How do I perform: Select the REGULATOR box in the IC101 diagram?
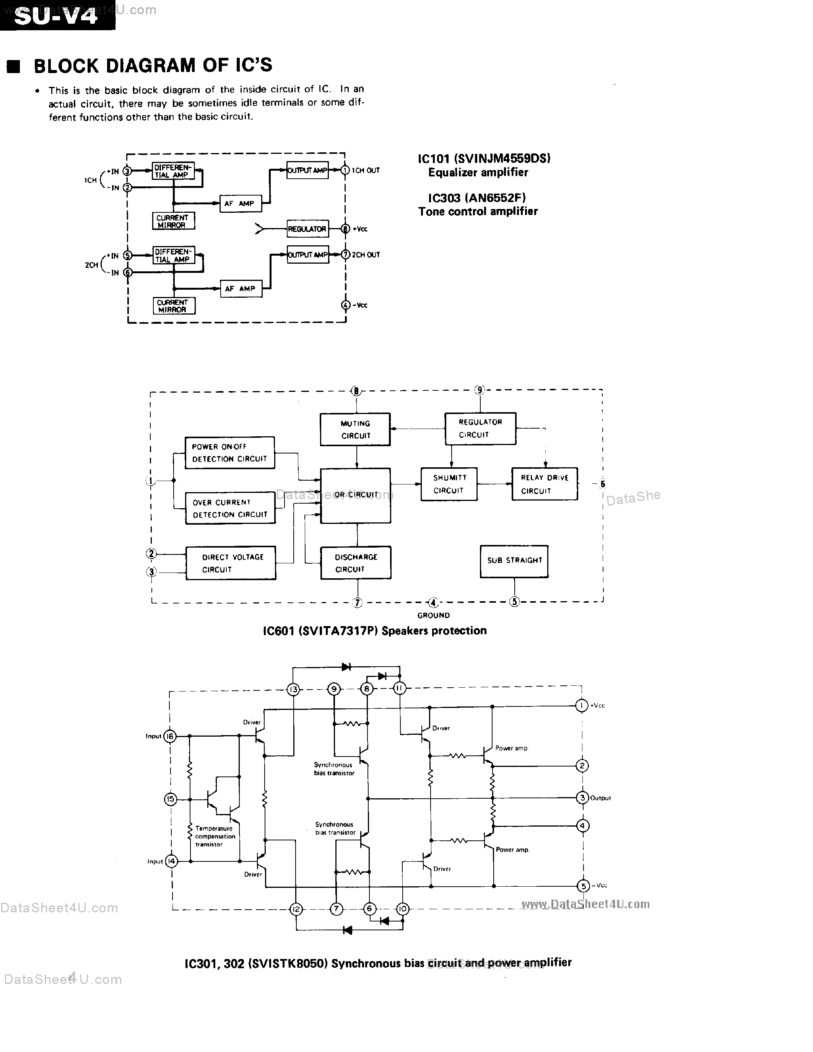(x=307, y=229)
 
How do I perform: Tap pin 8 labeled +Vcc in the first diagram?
(x=345, y=229)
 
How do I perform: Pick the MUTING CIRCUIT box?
(x=355, y=429)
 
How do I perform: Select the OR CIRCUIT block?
(x=356, y=495)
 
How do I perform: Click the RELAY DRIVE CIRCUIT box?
(x=545, y=484)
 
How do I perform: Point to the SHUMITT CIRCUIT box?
(x=449, y=484)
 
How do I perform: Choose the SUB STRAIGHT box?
(x=514, y=561)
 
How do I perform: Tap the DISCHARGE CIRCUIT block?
(x=356, y=563)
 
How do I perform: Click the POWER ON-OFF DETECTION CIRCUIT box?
(x=229, y=453)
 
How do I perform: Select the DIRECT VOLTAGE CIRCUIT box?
(x=231, y=563)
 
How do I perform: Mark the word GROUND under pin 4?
(x=433, y=615)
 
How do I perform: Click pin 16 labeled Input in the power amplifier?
(x=170, y=736)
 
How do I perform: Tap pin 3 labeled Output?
(x=582, y=798)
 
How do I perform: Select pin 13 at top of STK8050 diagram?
(x=293, y=689)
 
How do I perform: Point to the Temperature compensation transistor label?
(x=215, y=836)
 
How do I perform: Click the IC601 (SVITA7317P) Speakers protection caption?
(x=374, y=631)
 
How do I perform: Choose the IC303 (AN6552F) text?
(x=477, y=197)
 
